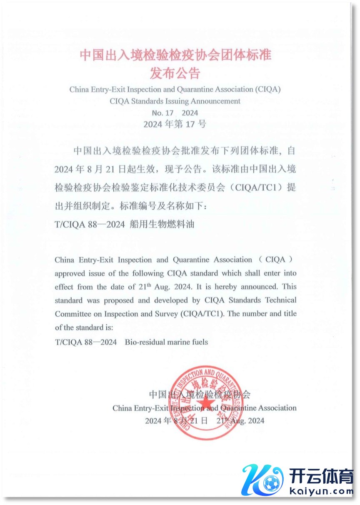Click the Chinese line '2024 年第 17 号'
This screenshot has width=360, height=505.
175,124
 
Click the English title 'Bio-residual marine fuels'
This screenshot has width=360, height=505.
166,342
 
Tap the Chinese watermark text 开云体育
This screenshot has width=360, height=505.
321,476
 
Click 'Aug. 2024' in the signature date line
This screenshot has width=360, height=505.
248,421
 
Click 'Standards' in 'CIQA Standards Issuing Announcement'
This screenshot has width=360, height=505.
148,101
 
